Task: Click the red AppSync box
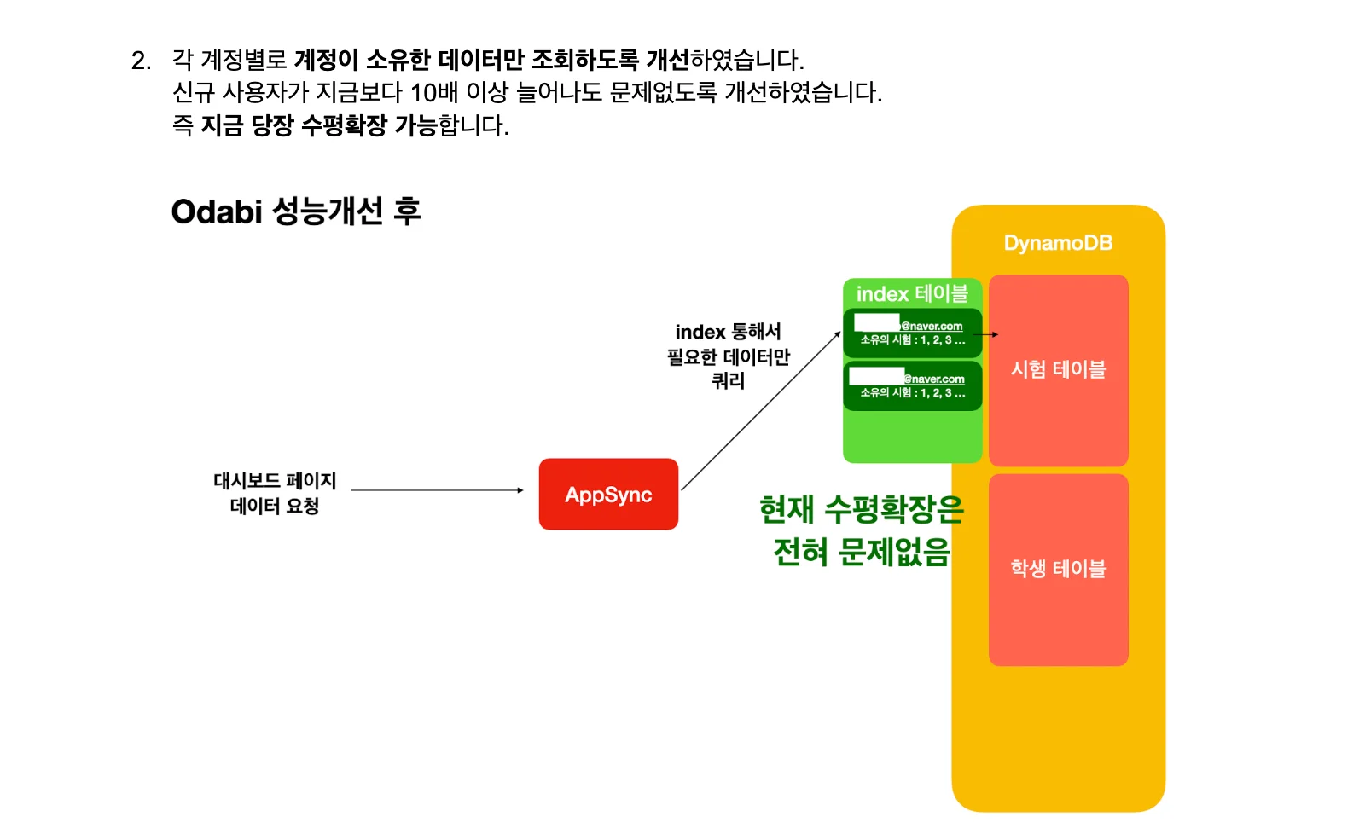click(x=608, y=495)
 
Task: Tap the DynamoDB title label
click(x=1058, y=243)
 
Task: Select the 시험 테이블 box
click(x=1058, y=370)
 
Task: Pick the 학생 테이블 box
click(x=1058, y=569)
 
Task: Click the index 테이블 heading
click(x=912, y=294)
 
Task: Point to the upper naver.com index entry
click(x=913, y=333)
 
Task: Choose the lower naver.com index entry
click(x=913, y=385)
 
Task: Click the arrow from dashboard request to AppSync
click(x=437, y=490)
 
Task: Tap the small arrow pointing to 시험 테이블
click(x=985, y=334)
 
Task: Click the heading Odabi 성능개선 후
click(x=296, y=211)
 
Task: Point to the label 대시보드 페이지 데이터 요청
click(x=275, y=494)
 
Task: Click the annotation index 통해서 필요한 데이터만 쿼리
click(x=729, y=356)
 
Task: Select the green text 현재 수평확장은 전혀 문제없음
click(x=862, y=530)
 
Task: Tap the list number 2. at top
click(x=142, y=61)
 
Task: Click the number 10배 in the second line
click(x=434, y=92)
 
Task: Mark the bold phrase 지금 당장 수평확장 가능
click(x=319, y=125)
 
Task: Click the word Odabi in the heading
click(x=217, y=211)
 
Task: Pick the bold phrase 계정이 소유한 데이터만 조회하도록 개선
click(x=491, y=60)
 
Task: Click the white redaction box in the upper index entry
click(x=877, y=321)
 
